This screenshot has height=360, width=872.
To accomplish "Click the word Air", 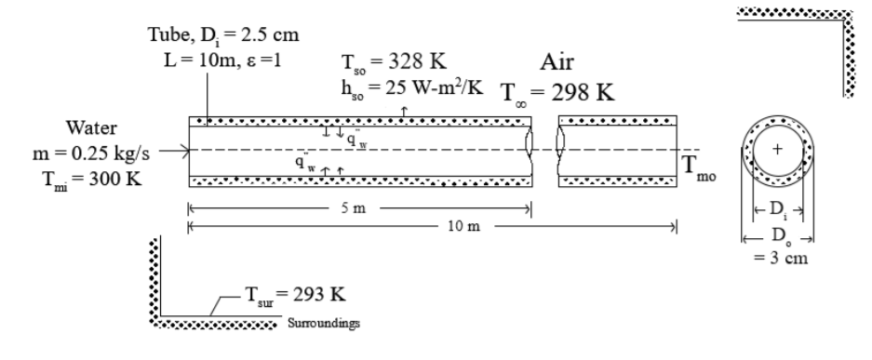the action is (557, 61).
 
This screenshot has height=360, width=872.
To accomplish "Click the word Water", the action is (91, 127).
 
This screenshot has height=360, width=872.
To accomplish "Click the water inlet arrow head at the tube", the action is (187, 150).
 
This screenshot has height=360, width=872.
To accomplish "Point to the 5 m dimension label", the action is (354, 208).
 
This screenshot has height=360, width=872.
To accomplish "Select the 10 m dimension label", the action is (463, 226).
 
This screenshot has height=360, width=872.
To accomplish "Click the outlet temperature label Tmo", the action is (699, 167).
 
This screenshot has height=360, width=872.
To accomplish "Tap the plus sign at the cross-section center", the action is (777, 149).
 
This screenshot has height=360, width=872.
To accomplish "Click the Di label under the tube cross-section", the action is (779, 209).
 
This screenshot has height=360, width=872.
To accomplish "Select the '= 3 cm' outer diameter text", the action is (781, 258).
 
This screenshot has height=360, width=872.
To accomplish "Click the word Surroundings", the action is (324, 323).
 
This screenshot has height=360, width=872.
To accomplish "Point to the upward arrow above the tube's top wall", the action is (404, 111).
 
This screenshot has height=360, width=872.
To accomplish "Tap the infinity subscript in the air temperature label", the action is (520, 102).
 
